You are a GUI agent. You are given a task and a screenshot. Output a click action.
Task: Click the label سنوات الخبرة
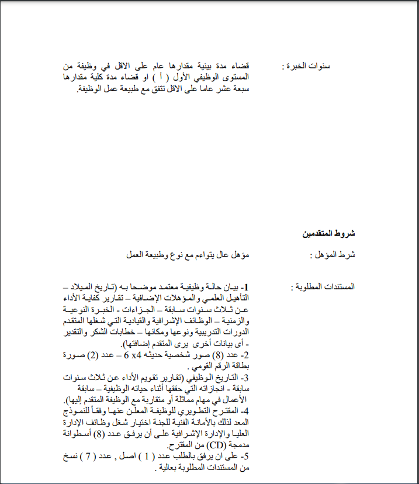pyautogui.click(x=313, y=66)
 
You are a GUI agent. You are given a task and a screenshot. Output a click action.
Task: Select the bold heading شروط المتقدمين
pyautogui.click(x=330, y=234)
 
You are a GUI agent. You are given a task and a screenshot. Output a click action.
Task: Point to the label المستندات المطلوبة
pyautogui.click(x=324, y=288)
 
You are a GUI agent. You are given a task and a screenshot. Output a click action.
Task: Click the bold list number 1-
pyautogui.click(x=245, y=288)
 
